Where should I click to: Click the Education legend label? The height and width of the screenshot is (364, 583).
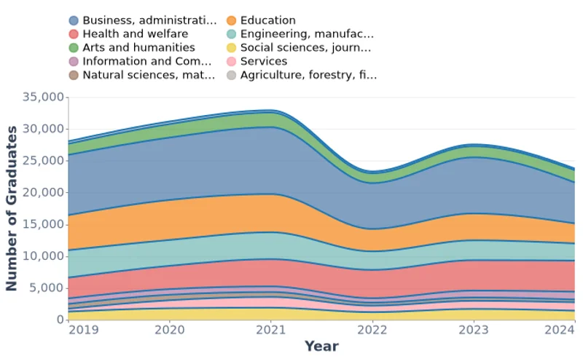267,20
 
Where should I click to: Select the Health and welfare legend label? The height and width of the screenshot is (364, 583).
135,33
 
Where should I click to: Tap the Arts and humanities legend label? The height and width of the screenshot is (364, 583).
138,47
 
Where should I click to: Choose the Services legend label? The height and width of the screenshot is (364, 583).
264,61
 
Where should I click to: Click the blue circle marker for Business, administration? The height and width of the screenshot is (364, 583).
74,20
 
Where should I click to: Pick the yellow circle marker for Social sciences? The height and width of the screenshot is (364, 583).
231,48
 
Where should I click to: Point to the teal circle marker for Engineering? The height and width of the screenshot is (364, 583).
231,34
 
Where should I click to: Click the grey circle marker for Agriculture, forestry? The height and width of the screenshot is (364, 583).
231,75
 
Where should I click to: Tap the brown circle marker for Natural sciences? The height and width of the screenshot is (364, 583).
74,75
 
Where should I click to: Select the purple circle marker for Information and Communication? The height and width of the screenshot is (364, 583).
74,61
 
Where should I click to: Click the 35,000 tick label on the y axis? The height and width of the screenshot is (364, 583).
43,97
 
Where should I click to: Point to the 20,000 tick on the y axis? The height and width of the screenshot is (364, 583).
43,192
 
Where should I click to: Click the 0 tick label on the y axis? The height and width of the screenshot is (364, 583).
60,320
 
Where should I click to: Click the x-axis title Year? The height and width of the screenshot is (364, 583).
321,347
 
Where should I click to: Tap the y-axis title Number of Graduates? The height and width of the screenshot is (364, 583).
12,208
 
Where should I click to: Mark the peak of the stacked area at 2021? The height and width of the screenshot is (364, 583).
270,111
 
